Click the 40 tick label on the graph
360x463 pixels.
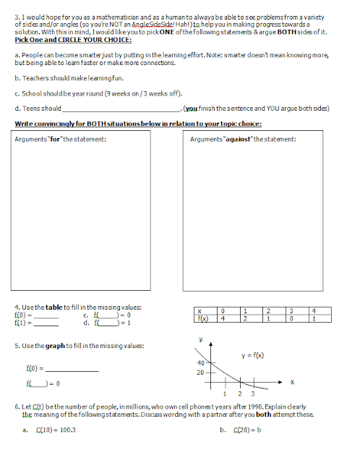coord(200,362)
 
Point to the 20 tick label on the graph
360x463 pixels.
coord(200,373)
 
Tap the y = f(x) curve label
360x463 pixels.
coord(253,355)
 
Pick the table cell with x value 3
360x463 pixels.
coord(289,311)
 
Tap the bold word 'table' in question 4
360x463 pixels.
coord(54,308)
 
